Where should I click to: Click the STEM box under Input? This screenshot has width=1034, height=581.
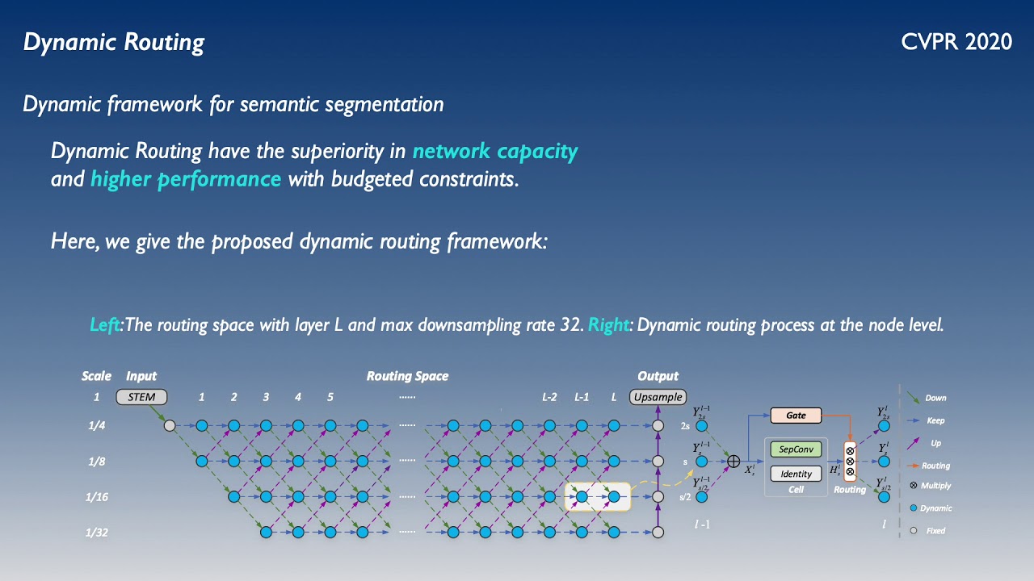point(141,397)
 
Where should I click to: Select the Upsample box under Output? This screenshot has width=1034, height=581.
point(658,397)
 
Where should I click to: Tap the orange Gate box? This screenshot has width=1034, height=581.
point(796,416)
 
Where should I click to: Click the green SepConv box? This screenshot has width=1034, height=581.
point(796,449)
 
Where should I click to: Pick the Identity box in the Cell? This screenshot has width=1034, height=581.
point(796,474)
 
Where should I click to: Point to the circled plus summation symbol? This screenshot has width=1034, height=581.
point(733,462)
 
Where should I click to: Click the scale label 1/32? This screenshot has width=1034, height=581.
point(97,533)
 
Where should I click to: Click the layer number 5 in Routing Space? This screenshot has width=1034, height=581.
point(330,397)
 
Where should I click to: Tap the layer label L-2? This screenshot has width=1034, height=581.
point(549,397)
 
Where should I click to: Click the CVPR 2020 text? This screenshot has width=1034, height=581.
point(956,42)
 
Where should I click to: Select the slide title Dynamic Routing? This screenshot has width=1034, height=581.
point(113,42)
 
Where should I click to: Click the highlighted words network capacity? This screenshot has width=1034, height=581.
point(495,152)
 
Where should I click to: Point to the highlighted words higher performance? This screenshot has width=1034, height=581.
point(186,179)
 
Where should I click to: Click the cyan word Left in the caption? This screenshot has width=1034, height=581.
point(104,325)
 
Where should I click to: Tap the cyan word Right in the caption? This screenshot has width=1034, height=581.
point(611,325)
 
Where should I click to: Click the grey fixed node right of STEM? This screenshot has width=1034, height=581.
point(170,426)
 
